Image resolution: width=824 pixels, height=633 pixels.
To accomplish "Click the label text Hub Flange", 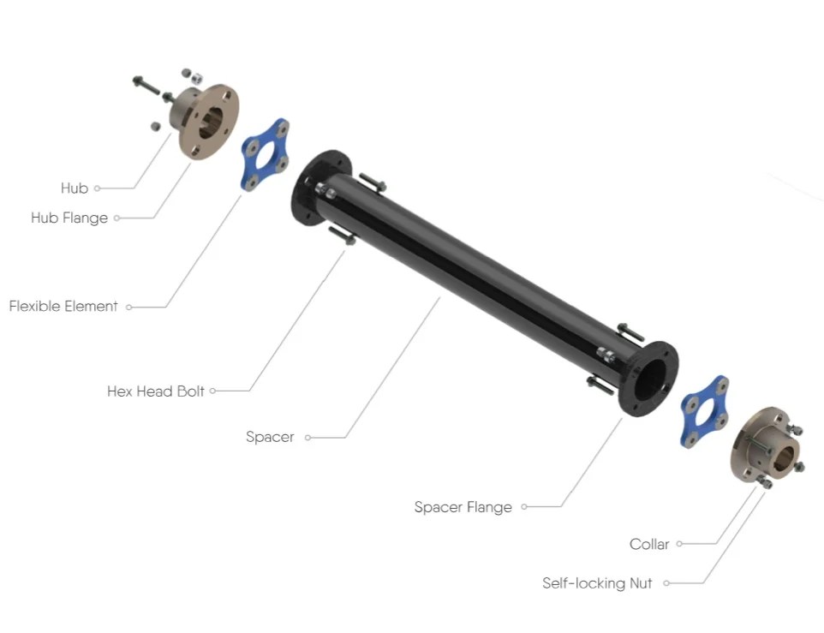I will pyautogui.click(x=69, y=218).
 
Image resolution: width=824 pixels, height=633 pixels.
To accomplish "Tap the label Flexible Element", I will pyautogui.click(x=63, y=306).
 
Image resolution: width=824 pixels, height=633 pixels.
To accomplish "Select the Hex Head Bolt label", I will pyautogui.click(x=156, y=391).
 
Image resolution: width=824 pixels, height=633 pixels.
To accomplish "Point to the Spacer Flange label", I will pyautogui.click(x=463, y=507).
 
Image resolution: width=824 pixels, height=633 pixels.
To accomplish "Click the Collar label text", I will pyautogui.click(x=649, y=544).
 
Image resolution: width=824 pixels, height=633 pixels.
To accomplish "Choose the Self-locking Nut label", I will pyautogui.click(x=597, y=583).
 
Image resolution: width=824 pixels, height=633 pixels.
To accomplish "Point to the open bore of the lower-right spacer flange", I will pyautogui.click(x=653, y=377).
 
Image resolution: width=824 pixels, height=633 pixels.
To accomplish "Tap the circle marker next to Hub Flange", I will pyautogui.click(x=117, y=218).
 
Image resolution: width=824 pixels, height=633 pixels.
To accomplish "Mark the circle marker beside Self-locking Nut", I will pyautogui.click(x=666, y=583).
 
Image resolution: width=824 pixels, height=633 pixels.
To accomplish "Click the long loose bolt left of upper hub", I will pyautogui.click(x=148, y=86).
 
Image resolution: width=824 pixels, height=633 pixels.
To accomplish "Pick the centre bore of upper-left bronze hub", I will pyautogui.click(x=213, y=121).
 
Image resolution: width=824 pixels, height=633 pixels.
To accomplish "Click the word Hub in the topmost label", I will pyautogui.click(x=75, y=188).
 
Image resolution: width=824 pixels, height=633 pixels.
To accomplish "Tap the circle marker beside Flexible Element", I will pyautogui.click(x=129, y=307).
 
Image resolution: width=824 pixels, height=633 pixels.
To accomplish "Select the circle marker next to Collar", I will pyautogui.click(x=679, y=544).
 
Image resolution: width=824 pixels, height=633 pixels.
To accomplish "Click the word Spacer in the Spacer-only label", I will pyautogui.click(x=270, y=437).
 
